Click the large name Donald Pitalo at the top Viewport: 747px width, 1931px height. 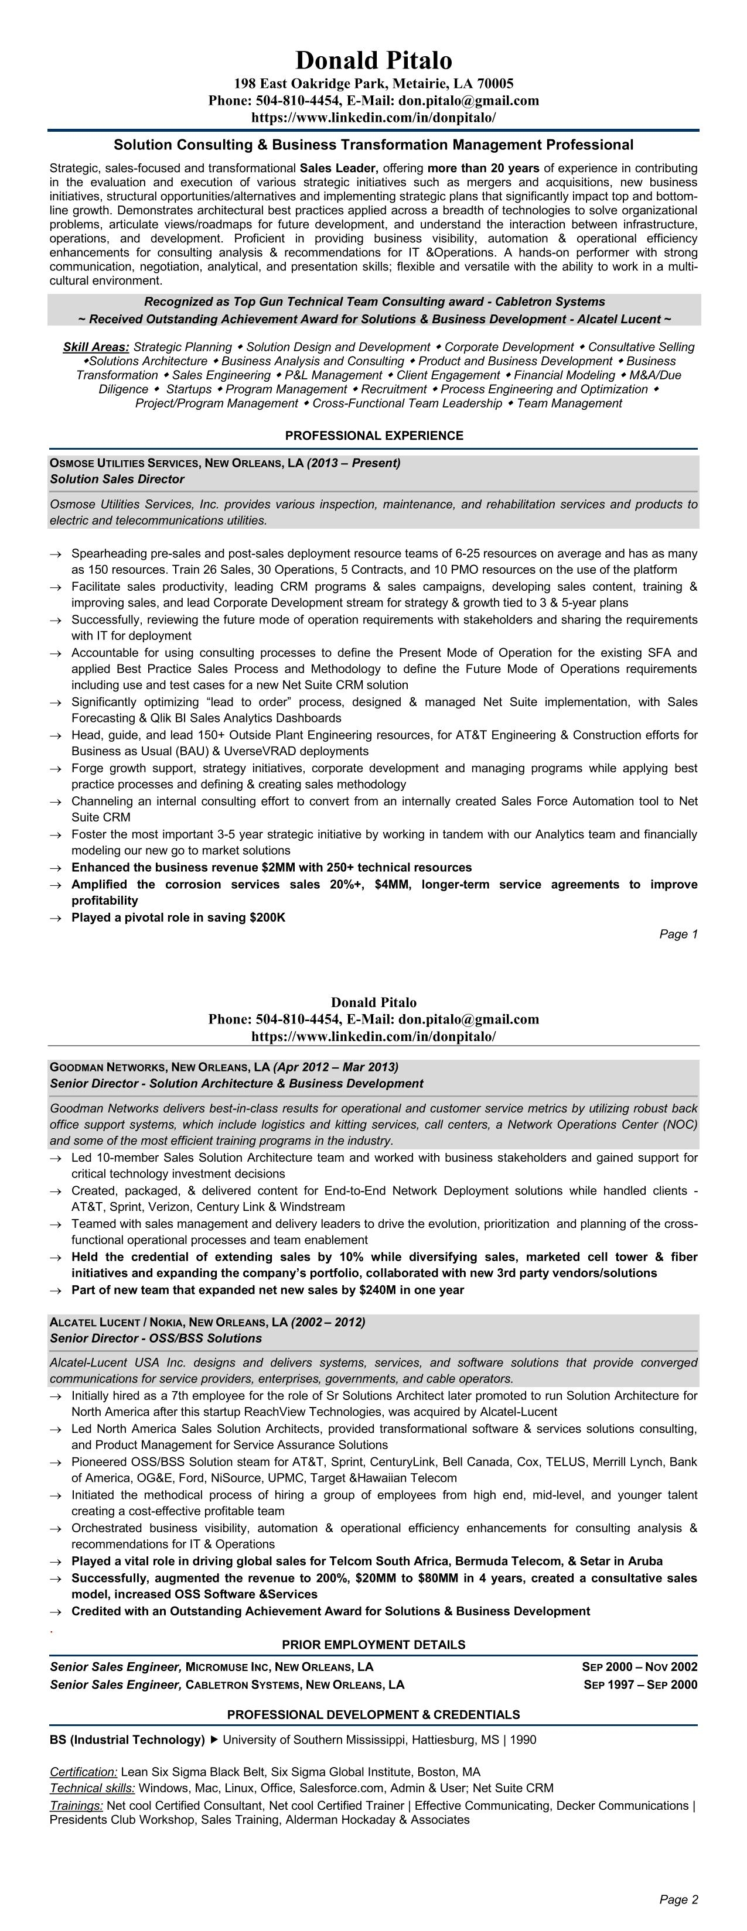click(374, 60)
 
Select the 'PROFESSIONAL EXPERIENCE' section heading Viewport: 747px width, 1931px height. click(374, 436)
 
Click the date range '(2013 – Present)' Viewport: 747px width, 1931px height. click(353, 463)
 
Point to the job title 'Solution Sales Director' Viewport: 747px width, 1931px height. click(117, 479)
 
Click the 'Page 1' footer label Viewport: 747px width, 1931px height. click(678, 934)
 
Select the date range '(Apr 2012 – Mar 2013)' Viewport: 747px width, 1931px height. click(336, 1067)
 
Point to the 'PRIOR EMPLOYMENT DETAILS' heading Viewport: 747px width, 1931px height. click(374, 1645)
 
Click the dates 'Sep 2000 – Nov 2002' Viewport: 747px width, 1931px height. click(639, 1667)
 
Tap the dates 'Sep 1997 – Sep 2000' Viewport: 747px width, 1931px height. click(640, 1685)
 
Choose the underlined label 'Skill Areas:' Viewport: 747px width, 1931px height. click(96, 347)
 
